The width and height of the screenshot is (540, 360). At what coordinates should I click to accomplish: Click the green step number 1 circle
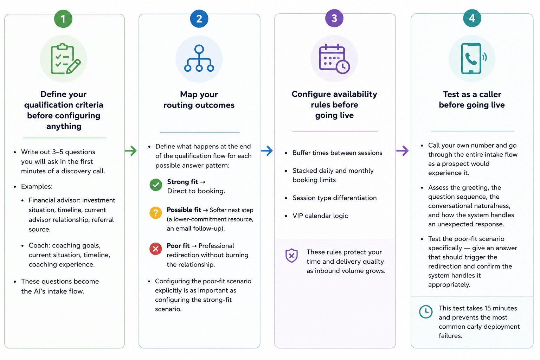coord(63,19)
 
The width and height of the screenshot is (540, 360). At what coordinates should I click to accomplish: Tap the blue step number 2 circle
coord(199,19)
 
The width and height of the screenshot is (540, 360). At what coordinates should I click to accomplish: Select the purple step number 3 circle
coord(334,18)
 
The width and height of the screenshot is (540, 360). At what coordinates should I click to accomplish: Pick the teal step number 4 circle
coord(472,18)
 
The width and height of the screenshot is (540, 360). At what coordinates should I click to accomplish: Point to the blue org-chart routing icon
coord(199,58)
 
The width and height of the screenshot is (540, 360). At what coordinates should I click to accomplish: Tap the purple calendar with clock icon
coord(334,59)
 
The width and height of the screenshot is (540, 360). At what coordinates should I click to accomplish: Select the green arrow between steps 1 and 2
coord(131,151)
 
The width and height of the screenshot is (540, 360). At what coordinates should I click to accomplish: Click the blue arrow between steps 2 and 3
coord(267,151)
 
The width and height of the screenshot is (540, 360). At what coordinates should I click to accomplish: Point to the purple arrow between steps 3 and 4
coord(403,151)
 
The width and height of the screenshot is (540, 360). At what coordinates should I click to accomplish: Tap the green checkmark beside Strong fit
coord(156,185)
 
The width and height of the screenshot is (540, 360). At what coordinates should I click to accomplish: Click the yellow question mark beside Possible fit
coord(156,213)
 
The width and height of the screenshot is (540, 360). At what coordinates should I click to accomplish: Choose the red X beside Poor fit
coord(156,249)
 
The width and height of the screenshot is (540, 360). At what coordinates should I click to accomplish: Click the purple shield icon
coord(291,256)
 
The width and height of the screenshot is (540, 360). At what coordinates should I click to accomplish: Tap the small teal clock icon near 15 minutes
coord(426,311)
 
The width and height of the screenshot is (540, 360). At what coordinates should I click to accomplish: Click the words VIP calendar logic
coord(320,216)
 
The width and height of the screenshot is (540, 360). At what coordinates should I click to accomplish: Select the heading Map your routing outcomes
coord(199,99)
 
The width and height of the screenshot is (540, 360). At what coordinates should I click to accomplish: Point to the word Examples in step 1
coord(37,186)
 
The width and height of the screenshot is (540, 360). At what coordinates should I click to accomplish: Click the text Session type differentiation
coord(334,198)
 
